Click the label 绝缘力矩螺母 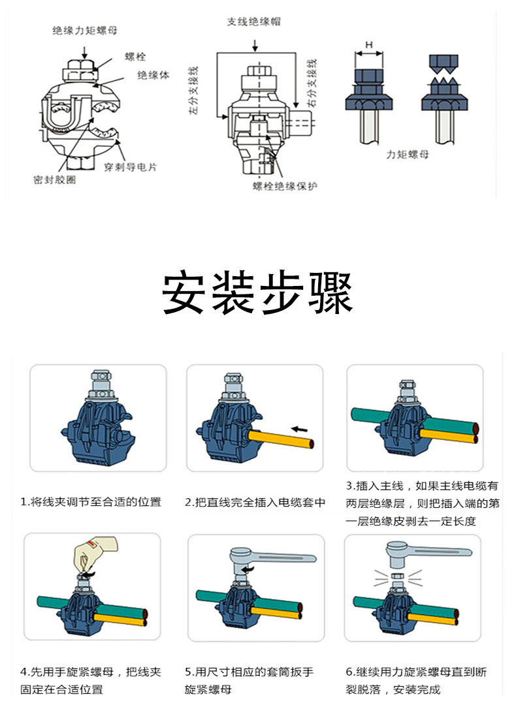[x=85, y=30]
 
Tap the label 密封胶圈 [x=54, y=180]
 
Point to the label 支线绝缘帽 [x=254, y=22]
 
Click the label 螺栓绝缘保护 [x=285, y=187]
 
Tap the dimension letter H [x=369, y=44]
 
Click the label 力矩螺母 [x=408, y=155]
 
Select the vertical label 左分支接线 [x=193, y=91]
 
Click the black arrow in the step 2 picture [x=301, y=429]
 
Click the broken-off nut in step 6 [x=396, y=576]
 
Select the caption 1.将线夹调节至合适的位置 [x=91, y=502]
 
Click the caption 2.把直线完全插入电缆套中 [x=255, y=502]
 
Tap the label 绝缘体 [x=153, y=75]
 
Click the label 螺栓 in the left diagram [x=135, y=57]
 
